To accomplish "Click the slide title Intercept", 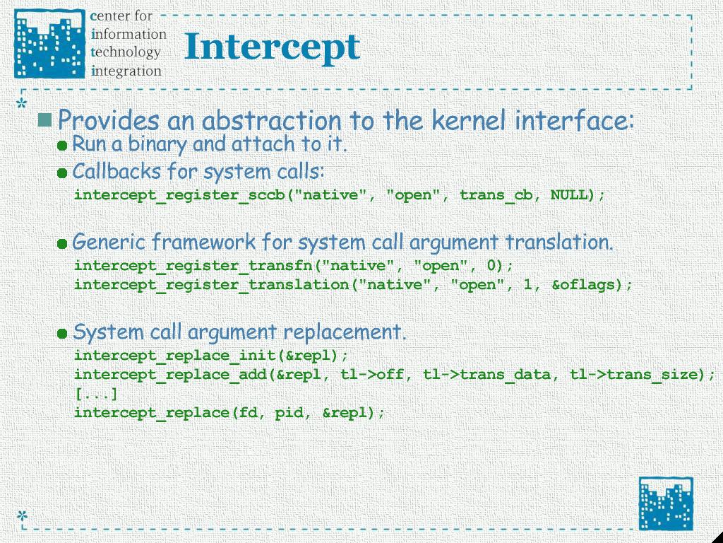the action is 272,48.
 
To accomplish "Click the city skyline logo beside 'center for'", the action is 50,43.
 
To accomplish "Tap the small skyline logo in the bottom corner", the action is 665,503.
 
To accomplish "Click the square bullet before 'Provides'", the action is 44,119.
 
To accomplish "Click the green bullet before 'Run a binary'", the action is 62,146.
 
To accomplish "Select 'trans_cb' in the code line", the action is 496,195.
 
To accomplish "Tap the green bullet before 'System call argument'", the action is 62,334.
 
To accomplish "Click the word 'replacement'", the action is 345,332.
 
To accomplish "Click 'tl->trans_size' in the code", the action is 634,374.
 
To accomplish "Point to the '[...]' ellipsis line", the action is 96,394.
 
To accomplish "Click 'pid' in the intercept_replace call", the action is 289,412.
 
